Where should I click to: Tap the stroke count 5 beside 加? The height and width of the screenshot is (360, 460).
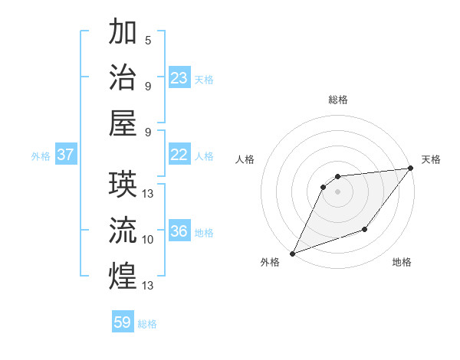pyautogui.click(x=148, y=41)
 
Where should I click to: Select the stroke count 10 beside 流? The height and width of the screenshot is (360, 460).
pyautogui.click(x=148, y=240)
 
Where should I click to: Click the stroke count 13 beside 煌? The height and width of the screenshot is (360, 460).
pyautogui.click(x=148, y=286)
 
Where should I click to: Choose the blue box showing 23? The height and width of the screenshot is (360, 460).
pyautogui.click(x=179, y=78)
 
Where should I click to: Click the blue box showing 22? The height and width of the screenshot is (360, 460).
pyautogui.click(x=179, y=155)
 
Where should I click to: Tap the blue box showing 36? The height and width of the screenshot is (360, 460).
pyautogui.click(x=179, y=232)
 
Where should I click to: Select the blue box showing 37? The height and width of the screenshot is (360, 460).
pyautogui.click(x=65, y=155)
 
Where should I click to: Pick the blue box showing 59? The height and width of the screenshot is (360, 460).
pyautogui.click(x=123, y=322)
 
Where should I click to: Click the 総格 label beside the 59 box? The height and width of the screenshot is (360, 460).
pyautogui.click(x=147, y=324)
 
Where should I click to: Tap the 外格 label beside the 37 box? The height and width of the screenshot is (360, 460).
pyautogui.click(x=41, y=156)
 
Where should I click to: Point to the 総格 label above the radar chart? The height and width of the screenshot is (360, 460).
pyautogui.click(x=338, y=100)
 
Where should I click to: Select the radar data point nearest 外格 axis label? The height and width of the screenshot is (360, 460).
pyautogui.click(x=292, y=254)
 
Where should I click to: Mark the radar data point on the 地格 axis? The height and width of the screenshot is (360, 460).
pyautogui.click(x=365, y=229)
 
